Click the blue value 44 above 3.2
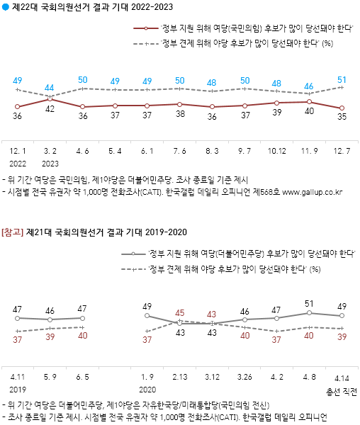[x=49, y=88]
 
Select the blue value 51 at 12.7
[x=342, y=79]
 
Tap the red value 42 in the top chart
[x=50, y=110]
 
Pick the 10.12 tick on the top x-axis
[x=277, y=152]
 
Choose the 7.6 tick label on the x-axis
[x=180, y=152]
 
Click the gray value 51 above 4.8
[x=310, y=305]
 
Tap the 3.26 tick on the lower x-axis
[x=244, y=378]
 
